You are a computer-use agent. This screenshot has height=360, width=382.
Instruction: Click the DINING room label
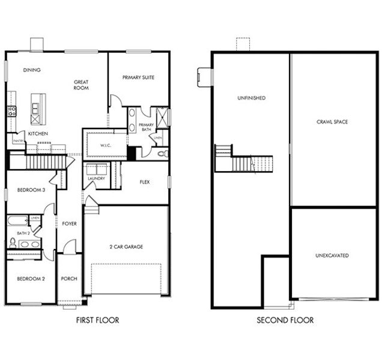point(32,70)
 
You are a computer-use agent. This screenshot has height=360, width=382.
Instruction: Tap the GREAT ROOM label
point(81,85)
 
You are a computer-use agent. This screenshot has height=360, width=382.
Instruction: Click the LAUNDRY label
point(96,178)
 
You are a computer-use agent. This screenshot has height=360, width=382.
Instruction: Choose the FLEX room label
point(144,182)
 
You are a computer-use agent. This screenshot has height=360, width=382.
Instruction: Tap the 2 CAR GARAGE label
point(126,247)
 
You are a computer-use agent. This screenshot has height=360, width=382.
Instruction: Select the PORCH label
point(69,279)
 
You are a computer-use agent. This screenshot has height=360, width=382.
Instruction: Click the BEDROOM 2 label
point(31,279)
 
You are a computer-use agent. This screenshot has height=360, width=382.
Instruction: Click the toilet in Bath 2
point(13,243)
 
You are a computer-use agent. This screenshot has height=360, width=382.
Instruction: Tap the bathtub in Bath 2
point(17,221)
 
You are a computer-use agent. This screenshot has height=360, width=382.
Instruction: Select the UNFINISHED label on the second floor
point(251,98)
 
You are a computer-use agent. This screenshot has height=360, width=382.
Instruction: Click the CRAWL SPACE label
point(332,122)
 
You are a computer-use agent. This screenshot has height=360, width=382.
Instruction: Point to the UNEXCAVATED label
point(332,256)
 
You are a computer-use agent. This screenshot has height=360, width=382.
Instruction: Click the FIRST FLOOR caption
point(98,320)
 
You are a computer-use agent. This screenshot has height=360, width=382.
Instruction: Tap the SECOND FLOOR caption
point(285,320)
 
